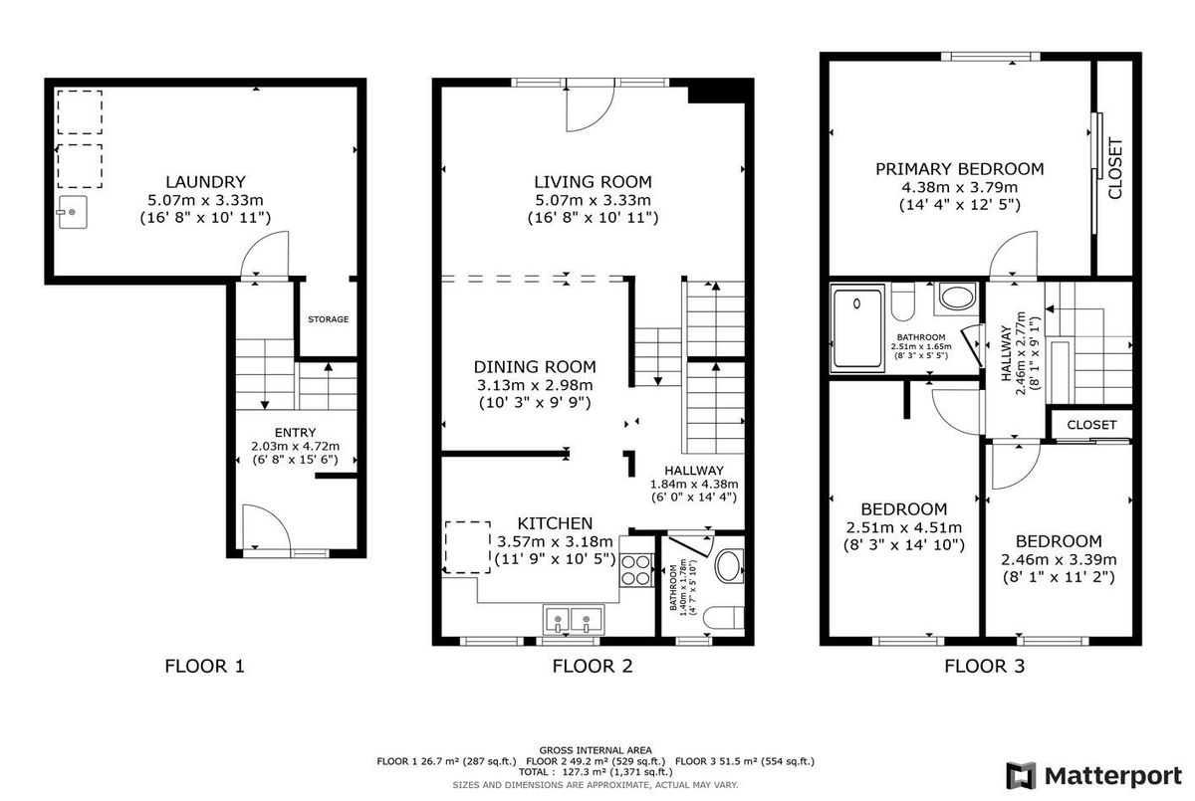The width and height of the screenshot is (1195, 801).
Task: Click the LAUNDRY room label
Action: tap(205, 182)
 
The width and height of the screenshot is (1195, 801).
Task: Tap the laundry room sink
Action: tap(72, 212)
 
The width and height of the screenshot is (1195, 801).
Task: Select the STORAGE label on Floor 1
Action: tap(328, 319)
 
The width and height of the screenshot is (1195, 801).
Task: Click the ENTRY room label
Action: tap(295, 432)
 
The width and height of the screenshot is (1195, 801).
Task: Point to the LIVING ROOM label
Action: tap(593, 182)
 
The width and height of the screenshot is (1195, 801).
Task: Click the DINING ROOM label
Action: tap(535, 367)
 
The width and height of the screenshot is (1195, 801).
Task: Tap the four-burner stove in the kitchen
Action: tap(637, 570)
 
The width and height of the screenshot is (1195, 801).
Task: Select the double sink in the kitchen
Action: tap(573, 620)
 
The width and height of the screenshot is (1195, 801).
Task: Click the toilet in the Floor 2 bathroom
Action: tap(723, 618)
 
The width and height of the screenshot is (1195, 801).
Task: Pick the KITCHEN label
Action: tap(555, 523)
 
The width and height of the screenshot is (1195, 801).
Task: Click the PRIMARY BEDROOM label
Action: tap(959, 169)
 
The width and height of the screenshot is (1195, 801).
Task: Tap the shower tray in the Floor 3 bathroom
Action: tap(857, 327)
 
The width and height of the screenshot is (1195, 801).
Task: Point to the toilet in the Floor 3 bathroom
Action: tap(902, 301)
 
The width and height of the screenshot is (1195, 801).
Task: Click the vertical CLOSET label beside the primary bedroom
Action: tap(1115, 168)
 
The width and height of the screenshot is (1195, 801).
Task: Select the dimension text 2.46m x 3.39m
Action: tap(1059, 560)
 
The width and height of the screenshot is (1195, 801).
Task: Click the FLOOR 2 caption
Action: tap(593, 666)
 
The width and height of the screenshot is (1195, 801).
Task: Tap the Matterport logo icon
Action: tap(1021, 776)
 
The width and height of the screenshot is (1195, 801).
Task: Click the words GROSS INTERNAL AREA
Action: tap(596, 750)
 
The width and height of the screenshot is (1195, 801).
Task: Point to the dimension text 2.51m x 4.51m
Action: tap(904, 527)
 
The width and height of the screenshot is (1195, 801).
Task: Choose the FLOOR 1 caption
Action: tap(204, 666)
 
